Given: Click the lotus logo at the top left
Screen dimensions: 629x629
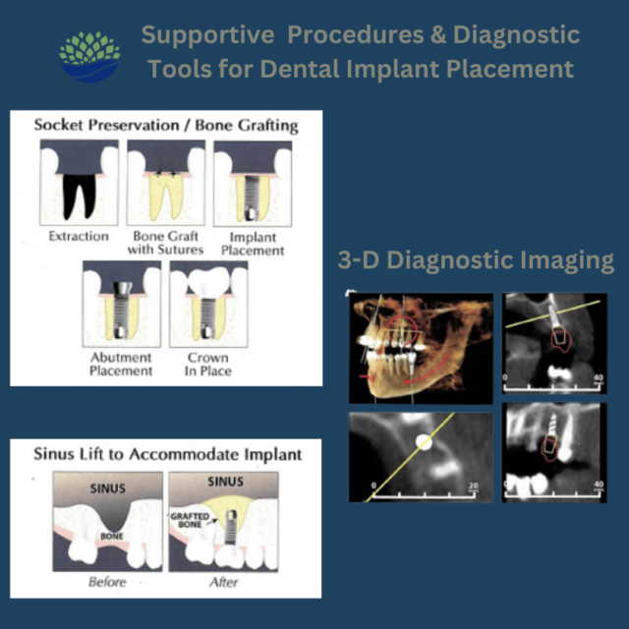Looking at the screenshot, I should click(89, 55).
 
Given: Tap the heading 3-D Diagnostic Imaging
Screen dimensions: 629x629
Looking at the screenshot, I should click(477, 260).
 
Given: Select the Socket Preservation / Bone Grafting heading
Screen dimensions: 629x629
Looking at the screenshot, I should click(166, 126).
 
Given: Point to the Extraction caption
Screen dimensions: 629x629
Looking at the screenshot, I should click(79, 236).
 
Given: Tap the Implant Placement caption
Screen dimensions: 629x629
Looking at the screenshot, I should click(252, 243).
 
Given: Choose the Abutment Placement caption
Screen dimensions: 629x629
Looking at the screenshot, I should click(121, 364).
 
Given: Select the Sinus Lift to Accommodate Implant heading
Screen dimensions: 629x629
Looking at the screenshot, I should click(167, 455).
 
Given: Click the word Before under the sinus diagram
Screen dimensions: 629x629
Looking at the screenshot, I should click(107, 583).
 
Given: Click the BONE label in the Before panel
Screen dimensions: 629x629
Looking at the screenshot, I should click(109, 537).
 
